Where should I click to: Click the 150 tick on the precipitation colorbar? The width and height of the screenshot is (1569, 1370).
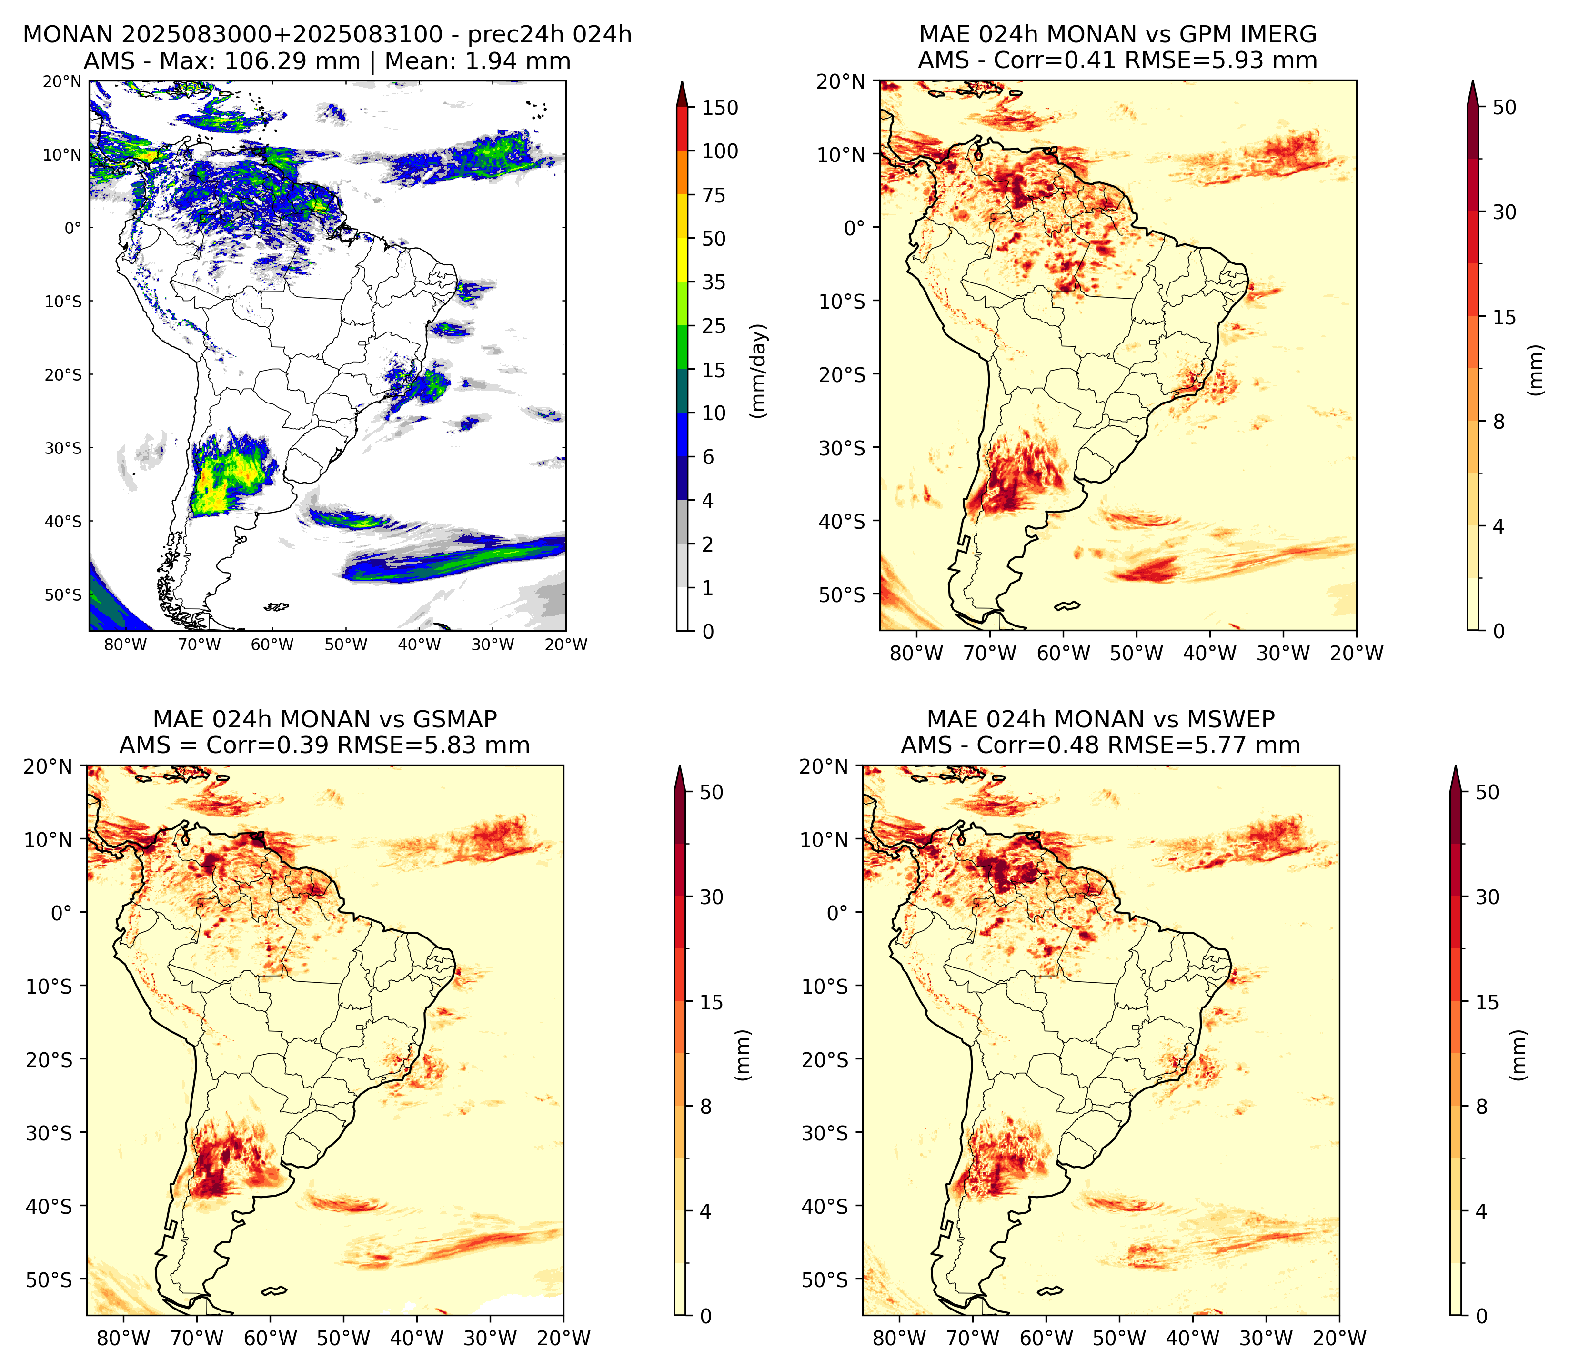point(720,108)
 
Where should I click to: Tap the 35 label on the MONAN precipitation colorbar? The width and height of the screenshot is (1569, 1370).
point(714,282)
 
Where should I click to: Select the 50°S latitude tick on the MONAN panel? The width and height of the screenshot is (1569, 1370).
point(63,595)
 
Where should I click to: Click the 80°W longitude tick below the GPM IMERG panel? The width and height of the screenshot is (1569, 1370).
point(916,653)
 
